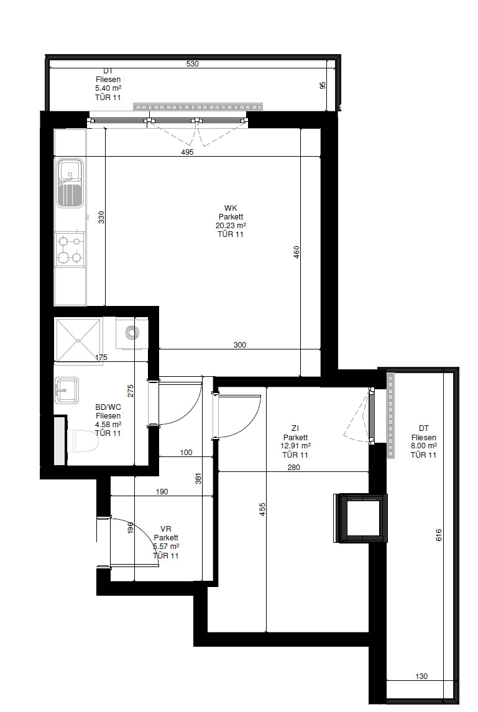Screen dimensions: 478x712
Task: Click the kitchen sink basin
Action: click(70, 183)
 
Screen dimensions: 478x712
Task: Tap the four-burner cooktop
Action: click(70, 249)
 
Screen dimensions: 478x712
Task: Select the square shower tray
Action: click(78, 340)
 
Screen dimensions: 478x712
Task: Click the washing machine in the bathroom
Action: click(132, 333)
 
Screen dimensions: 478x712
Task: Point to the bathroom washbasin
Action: click(67, 390)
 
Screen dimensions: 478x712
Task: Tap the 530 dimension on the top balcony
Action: click(193, 64)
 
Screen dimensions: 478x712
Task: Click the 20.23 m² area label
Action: click(231, 226)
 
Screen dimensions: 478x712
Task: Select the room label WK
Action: click(231, 208)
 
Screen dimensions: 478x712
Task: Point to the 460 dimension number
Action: click(296, 252)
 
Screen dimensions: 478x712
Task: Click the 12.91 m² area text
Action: click(295, 446)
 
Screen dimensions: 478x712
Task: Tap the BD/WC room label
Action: click(108, 407)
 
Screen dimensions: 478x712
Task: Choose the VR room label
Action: click(166, 529)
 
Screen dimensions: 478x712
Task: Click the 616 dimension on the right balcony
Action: click(438, 535)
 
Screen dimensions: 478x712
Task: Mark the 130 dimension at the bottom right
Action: click(421, 677)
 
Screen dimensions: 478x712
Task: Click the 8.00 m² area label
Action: click(423, 446)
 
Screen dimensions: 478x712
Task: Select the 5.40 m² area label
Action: click(108, 88)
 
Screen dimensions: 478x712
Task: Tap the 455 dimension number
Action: click(262, 509)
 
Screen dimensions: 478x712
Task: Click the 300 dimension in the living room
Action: click(240, 345)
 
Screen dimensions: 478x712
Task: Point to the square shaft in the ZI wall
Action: click(361, 517)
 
